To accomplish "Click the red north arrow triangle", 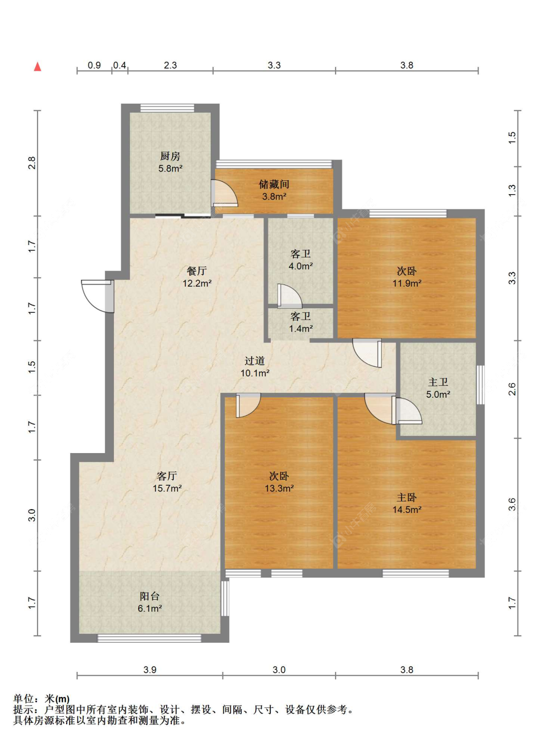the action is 37,67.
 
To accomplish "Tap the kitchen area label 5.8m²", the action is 170,168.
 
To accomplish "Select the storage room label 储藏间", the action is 274,184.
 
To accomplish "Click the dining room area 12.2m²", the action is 197,283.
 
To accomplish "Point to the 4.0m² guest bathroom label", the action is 300,266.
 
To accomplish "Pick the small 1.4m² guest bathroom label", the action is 300,328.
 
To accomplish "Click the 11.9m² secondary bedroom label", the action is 407,283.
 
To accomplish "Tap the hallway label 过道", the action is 255,361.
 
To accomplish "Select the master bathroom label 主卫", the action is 438,382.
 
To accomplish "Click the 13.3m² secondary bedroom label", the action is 279,488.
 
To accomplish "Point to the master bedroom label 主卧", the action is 407,497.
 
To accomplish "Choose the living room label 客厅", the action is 167,476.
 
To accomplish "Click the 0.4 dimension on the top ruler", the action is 119,65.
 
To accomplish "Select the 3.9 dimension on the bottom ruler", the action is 150,669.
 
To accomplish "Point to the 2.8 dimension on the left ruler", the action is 32,163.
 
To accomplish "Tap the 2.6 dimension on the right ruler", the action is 512,389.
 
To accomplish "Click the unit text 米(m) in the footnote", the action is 57,699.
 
